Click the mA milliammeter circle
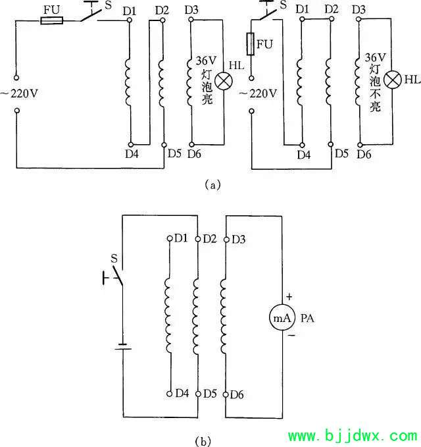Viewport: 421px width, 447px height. (282, 317)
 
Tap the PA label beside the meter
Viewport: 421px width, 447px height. (307, 318)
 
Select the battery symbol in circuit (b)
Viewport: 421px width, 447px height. (123, 347)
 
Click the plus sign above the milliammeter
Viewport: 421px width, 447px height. (289, 297)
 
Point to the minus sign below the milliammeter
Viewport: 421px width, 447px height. (291, 336)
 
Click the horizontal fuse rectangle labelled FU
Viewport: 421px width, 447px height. (51, 20)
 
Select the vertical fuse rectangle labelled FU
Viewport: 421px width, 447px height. (251, 44)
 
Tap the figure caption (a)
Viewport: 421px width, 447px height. (212, 185)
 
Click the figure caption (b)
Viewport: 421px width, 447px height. (203, 441)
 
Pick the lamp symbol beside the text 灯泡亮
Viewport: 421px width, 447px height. (224, 81)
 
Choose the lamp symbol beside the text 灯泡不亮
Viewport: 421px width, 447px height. (393, 80)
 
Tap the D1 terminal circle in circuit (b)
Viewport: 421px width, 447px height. (170, 238)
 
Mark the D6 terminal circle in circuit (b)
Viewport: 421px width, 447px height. (226, 394)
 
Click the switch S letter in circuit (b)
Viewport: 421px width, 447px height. (114, 258)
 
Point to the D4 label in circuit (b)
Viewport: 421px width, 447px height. (182, 394)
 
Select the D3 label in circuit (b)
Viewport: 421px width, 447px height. (239, 239)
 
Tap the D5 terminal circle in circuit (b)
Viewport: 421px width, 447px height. (198, 394)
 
